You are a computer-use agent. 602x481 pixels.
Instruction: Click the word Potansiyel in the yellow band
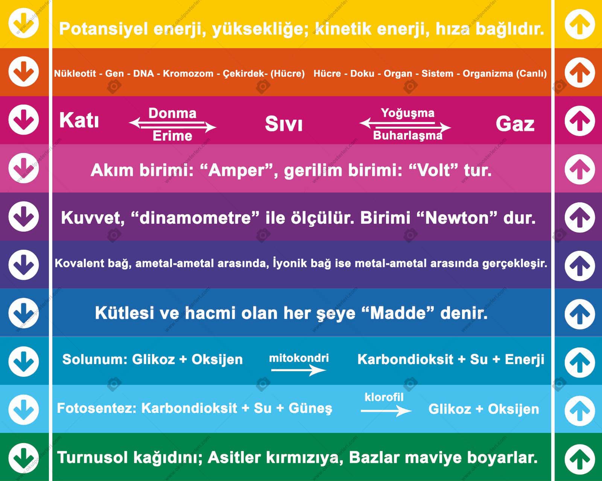pos(103,29)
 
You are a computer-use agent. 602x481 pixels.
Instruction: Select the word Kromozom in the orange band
pos(188,74)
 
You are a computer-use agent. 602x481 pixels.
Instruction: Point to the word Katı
pos(79,120)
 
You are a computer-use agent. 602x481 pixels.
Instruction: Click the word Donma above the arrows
pos(172,114)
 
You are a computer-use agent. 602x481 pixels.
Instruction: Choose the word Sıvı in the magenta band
pos(284,124)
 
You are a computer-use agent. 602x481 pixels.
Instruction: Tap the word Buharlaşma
pos(408,136)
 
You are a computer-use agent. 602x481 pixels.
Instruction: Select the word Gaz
pos(515,124)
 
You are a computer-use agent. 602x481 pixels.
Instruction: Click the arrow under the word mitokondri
pos(298,370)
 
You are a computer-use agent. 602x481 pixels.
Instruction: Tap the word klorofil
pos(384,397)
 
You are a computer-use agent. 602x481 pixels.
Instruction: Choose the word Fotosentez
pos(97,408)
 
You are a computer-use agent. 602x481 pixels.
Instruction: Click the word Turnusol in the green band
pos(92,458)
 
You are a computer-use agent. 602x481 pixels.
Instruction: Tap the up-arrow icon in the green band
pos(580,459)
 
